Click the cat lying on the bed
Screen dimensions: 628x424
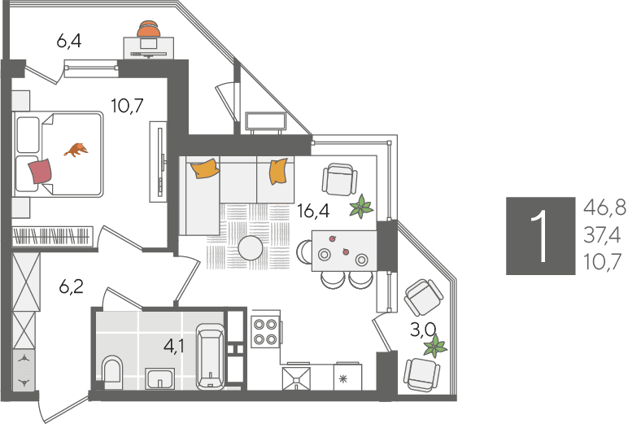(x=76, y=150)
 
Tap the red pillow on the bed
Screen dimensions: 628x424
(x=40, y=171)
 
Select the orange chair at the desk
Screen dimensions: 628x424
(x=149, y=28)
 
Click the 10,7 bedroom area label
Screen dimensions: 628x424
(x=127, y=106)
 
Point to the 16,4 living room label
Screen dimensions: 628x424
(x=313, y=211)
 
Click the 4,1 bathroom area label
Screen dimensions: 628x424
(x=174, y=346)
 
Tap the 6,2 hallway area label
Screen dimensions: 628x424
(x=71, y=287)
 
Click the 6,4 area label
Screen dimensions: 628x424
(x=69, y=41)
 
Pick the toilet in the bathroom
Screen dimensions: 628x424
(x=111, y=369)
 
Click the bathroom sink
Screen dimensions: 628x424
(x=159, y=378)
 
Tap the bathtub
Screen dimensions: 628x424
(x=211, y=356)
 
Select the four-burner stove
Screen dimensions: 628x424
(x=265, y=332)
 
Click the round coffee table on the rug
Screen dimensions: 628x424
(x=251, y=248)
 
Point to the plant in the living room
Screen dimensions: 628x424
(x=361, y=207)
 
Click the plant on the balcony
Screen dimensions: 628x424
(x=435, y=346)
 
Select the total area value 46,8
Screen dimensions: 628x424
(x=604, y=208)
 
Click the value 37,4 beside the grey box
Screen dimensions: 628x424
(x=602, y=235)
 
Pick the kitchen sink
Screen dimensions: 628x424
(x=296, y=378)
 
